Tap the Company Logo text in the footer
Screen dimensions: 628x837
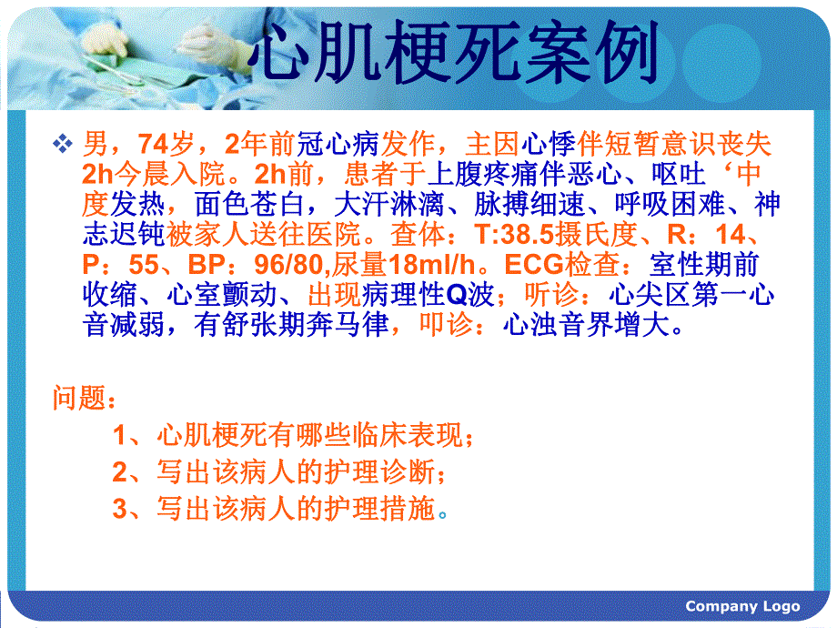(742, 606)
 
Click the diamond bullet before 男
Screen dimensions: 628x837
(63, 143)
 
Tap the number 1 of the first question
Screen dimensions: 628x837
(120, 436)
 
